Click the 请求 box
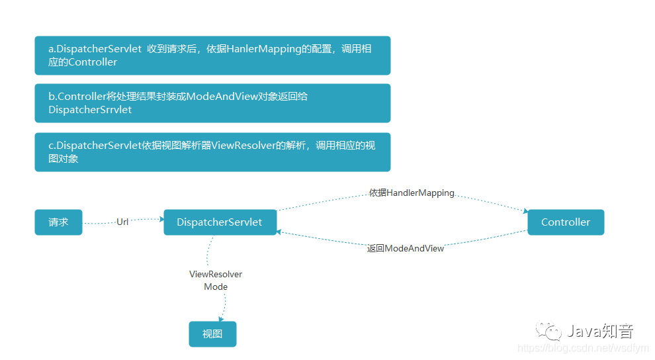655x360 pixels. coord(58,222)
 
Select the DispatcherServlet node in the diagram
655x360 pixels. coord(220,222)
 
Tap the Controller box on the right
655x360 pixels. coord(565,222)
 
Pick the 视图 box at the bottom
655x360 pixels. coord(212,334)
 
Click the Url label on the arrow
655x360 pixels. coord(122,222)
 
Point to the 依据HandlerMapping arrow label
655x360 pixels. coord(412,193)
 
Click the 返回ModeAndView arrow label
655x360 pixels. coord(406,248)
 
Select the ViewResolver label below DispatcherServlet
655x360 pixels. coord(216,274)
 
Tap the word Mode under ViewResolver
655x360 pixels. coord(216,287)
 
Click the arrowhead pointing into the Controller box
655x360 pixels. coord(525,212)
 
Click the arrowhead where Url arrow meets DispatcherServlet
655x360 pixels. coord(161,218)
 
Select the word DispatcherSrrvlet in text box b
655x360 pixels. coord(90,110)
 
